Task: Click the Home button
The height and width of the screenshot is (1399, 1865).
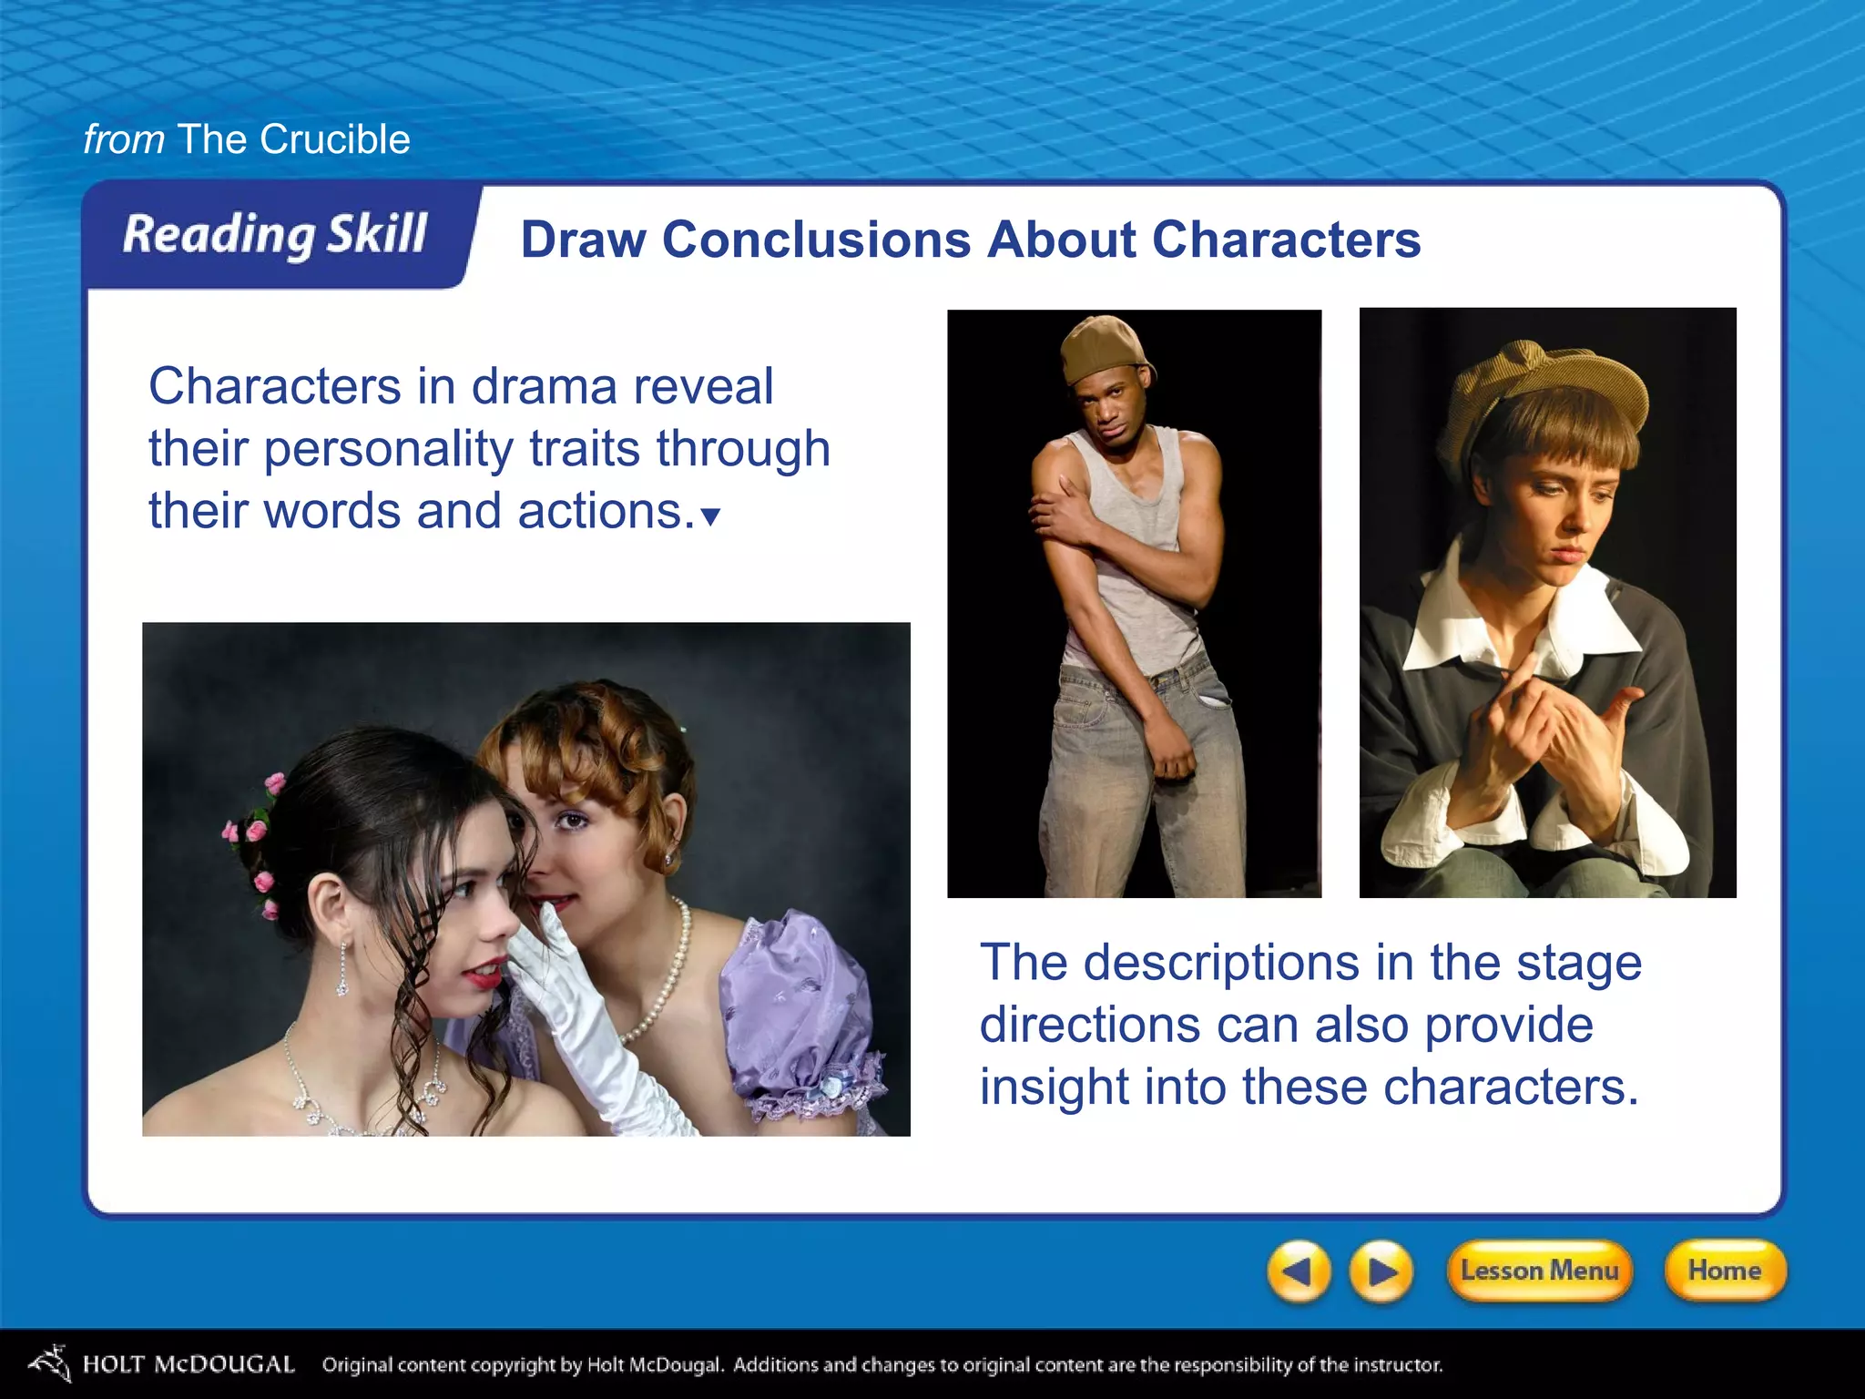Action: (x=1724, y=1271)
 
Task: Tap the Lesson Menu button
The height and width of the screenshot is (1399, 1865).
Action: (x=1539, y=1271)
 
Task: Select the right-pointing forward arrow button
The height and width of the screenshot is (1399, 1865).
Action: (x=1381, y=1271)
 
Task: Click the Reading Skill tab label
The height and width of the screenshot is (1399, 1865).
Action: (x=275, y=235)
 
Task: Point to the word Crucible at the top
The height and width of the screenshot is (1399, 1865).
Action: (x=334, y=139)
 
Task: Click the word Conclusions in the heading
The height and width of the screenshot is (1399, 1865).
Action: (x=816, y=240)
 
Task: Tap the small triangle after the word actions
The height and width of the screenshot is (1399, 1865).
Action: (x=711, y=517)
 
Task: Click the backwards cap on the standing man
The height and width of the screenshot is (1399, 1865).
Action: (x=1103, y=346)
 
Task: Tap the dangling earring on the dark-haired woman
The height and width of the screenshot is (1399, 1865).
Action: (x=342, y=971)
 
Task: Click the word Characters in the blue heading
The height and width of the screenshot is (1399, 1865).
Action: (x=1286, y=240)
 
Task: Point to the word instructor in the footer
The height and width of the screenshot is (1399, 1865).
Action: (x=1398, y=1364)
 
